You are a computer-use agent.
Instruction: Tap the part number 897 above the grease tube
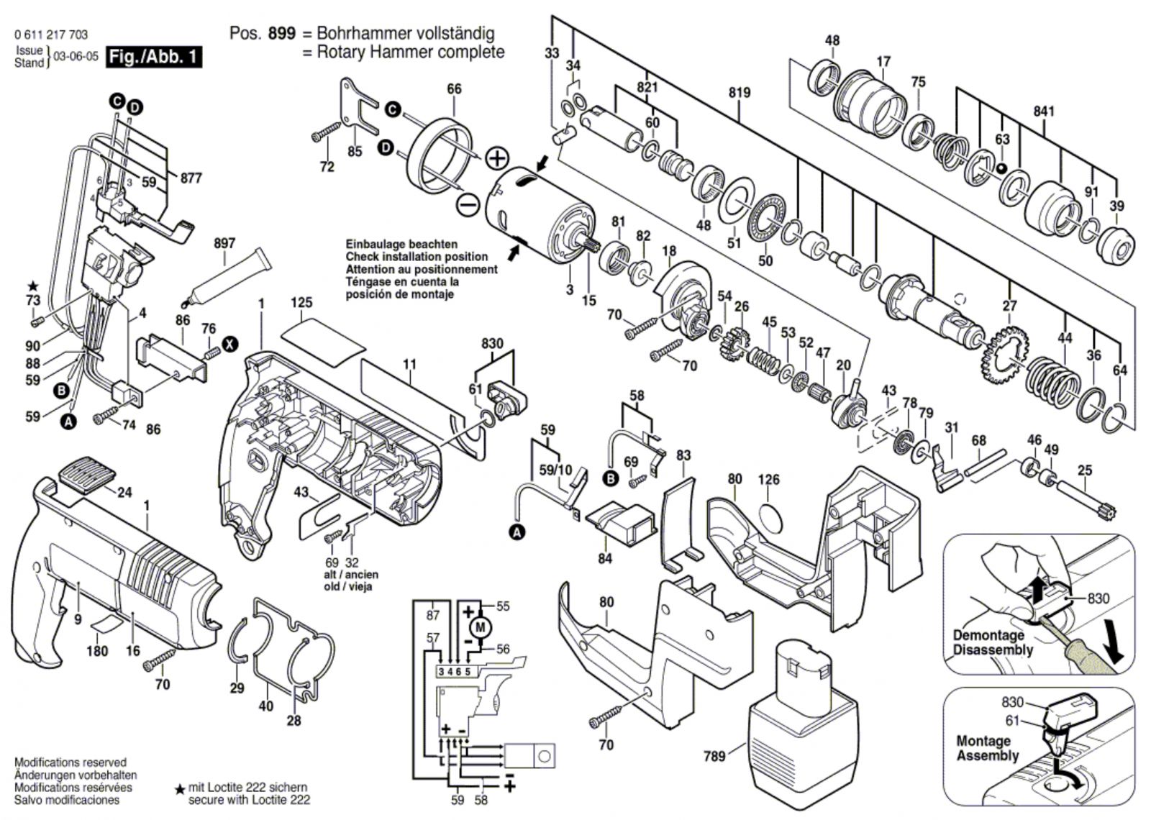tap(224, 244)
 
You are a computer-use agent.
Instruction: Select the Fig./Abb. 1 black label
tap(153, 57)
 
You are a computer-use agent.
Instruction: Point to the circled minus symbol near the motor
tap(468, 206)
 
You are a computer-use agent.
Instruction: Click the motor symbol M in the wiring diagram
tap(481, 627)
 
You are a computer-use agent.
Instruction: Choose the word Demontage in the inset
tap(988, 635)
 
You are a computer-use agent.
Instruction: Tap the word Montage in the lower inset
tap(983, 741)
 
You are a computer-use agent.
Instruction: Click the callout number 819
tap(739, 92)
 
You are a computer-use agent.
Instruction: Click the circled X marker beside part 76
tap(229, 345)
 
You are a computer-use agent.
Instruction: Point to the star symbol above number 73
tap(32, 287)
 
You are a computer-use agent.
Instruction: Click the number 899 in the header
tap(281, 34)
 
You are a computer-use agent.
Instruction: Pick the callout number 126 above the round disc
tap(768, 479)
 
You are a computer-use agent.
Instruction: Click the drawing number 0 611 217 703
tap(50, 35)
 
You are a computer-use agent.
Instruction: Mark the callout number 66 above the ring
tap(454, 89)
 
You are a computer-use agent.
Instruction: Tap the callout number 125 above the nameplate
tap(301, 303)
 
